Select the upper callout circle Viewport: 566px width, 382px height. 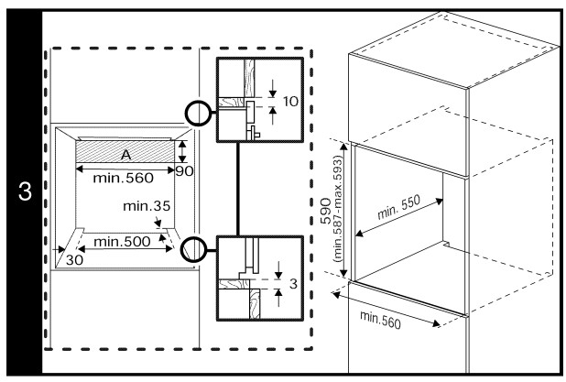[x=198, y=114]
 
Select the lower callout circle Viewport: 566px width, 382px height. [x=193, y=247]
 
